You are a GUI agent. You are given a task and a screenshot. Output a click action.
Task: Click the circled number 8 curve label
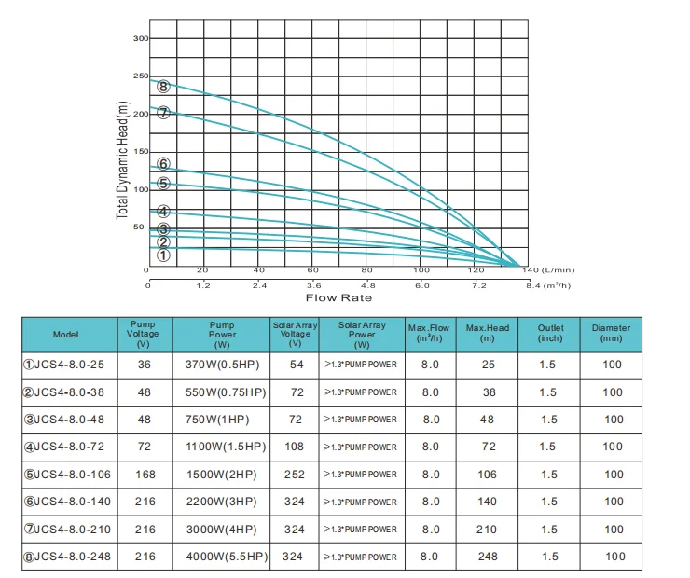pyautogui.click(x=163, y=87)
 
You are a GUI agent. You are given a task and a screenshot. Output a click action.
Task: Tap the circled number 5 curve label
pyautogui.click(x=163, y=184)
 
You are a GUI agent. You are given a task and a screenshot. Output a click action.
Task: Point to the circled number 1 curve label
pyautogui.click(x=163, y=255)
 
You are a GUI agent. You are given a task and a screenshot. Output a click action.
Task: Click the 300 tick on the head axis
pyautogui.click(x=141, y=38)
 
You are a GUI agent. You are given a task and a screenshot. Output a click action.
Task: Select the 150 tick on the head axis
pyautogui.click(x=141, y=151)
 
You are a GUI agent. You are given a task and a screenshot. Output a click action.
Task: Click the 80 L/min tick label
pyautogui.click(x=367, y=270)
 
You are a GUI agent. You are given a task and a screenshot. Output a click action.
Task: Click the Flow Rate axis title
pyautogui.click(x=339, y=297)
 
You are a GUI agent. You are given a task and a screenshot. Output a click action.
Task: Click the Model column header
pyautogui.click(x=66, y=334)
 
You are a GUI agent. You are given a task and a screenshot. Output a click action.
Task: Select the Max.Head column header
pyautogui.click(x=488, y=334)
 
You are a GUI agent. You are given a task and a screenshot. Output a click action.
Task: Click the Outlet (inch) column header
pyautogui.click(x=550, y=334)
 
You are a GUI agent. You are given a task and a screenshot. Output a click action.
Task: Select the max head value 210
pyautogui.click(x=488, y=530)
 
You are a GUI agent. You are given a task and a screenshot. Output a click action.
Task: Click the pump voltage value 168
pyautogui.click(x=145, y=475)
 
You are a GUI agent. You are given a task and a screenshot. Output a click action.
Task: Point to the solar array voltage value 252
pyautogui.click(x=295, y=475)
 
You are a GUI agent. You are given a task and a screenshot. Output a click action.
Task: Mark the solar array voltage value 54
pyautogui.click(x=295, y=365)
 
